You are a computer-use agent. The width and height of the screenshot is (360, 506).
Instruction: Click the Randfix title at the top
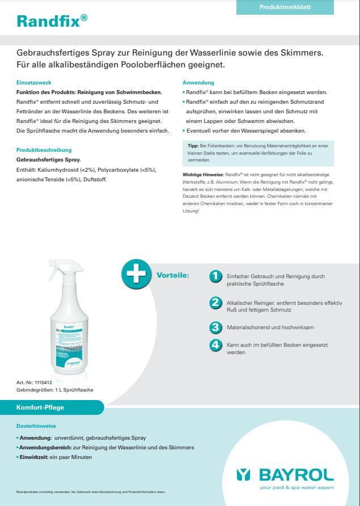pos(52,21)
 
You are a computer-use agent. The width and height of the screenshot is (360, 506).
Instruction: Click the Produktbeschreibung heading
pos(44,150)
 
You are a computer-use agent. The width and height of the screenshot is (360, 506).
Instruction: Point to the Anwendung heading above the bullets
pos(198,82)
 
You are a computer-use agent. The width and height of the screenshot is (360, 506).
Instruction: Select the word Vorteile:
pos(173,275)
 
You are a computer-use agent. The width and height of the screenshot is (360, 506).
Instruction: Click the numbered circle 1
pos(215,276)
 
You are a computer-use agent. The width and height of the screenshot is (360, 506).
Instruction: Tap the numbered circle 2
pos(215,303)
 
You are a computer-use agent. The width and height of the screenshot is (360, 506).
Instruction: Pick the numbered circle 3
pos(215,327)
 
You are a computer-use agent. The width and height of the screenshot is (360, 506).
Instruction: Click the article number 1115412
pos(43,384)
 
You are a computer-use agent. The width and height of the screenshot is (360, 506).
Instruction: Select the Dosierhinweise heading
pos(36,426)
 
